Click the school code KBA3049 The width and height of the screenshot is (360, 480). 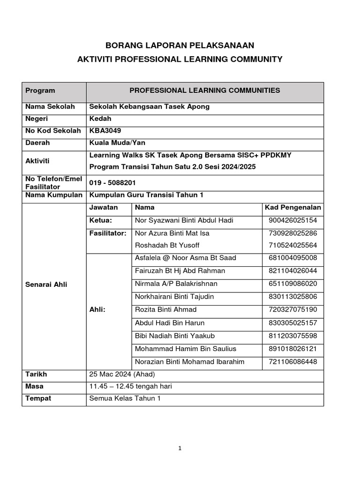102,131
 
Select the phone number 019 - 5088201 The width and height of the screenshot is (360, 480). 112,183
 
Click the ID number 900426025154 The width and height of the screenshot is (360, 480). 292,220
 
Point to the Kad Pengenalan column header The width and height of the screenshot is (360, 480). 292,207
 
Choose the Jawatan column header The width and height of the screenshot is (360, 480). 104,207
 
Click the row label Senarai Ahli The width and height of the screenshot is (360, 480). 46,285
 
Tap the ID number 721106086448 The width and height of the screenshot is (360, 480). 292,361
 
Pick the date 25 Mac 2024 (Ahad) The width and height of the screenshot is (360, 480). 122,375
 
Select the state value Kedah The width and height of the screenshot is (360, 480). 100,119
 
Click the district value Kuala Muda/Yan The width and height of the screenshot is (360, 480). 114,143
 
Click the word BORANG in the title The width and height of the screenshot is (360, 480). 125,45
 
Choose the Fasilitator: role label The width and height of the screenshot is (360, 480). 108,233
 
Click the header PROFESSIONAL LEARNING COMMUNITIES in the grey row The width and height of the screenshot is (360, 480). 204,90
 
